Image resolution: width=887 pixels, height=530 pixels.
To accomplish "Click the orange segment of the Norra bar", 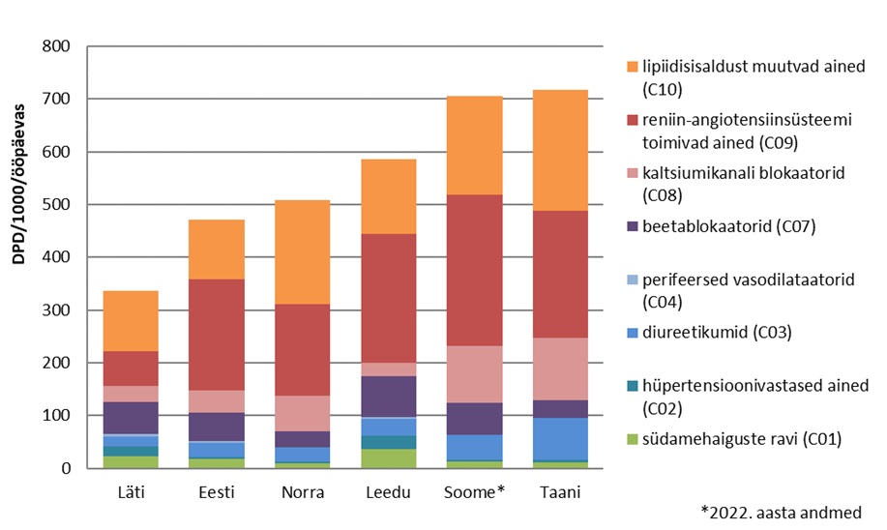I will click(302, 251).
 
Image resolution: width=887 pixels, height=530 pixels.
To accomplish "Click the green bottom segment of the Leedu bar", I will click(388, 458).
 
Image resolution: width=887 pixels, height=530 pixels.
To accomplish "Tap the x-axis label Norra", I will click(302, 492).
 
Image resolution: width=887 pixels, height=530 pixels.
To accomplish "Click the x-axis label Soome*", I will click(474, 492).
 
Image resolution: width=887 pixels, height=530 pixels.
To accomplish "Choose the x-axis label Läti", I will click(130, 492).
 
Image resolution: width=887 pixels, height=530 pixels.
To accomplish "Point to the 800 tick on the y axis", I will click(57, 46).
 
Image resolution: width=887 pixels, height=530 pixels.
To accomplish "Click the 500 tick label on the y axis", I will click(57, 205).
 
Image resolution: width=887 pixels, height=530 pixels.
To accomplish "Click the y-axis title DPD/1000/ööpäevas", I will click(20, 257).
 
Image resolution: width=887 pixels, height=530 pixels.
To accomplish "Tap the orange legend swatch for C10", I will click(633, 67).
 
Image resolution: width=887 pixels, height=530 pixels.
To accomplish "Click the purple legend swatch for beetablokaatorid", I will click(633, 227).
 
